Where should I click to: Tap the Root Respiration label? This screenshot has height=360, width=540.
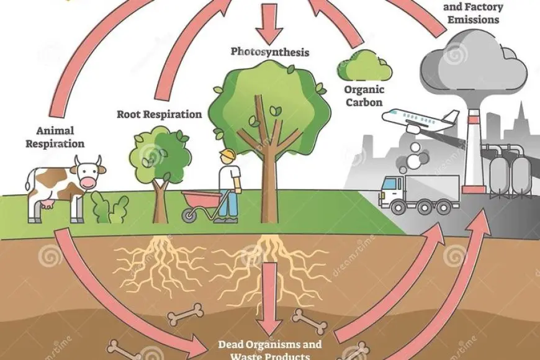[159, 114]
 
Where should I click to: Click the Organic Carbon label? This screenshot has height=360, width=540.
[364, 96]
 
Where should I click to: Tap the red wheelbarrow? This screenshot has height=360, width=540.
[200, 201]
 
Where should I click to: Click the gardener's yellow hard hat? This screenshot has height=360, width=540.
[228, 155]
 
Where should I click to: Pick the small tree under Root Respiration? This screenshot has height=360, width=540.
[159, 168]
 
